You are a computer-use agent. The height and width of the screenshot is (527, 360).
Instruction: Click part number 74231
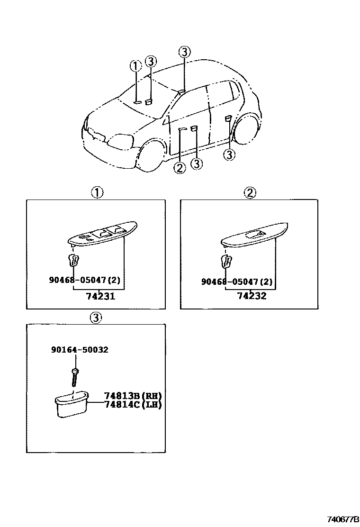coord(100,296)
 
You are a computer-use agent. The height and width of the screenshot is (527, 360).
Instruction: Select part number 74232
coord(252,296)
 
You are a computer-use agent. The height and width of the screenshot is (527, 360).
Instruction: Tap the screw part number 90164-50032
coord(79,350)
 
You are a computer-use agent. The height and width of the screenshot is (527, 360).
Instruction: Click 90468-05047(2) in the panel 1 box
coord(84,280)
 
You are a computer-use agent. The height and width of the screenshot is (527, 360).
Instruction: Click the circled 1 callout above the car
coord(136,66)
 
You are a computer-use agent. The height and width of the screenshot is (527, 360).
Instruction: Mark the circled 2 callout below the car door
coord(180,167)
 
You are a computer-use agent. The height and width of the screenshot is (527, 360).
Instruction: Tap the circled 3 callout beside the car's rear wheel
coord(229,154)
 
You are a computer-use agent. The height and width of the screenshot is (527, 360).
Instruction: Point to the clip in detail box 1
coord(73,261)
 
